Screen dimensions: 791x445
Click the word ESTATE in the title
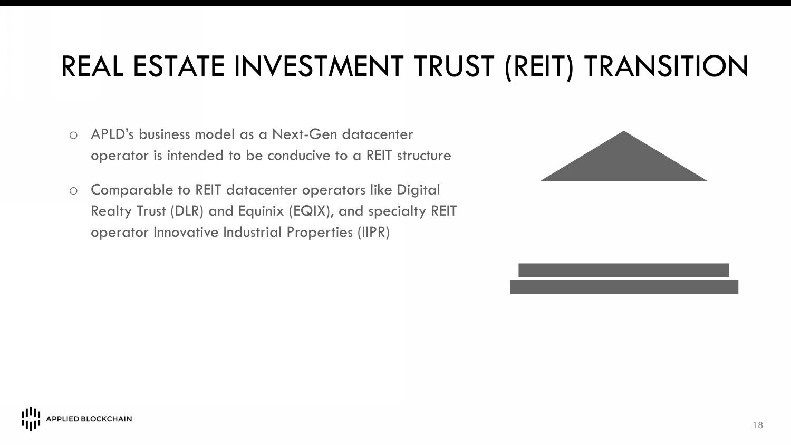[x=178, y=66]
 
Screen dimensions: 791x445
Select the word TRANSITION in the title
[x=666, y=66]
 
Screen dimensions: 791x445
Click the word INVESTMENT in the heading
[x=319, y=66]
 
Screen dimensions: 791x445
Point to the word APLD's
[x=112, y=134]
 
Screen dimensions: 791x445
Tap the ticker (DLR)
[x=187, y=211]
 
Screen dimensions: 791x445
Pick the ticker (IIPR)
[x=373, y=233]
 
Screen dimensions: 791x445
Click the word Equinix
[x=261, y=211]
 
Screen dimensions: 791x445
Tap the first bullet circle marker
[x=73, y=136]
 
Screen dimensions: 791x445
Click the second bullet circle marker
[x=73, y=191]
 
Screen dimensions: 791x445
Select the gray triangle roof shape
[x=624, y=162]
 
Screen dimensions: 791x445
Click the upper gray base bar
[x=624, y=270]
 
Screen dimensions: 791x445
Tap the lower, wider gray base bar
[x=624, y=287]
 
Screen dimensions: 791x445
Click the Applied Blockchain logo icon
[x=31, y=419]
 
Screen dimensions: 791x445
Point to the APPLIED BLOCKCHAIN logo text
[x=89, y=419]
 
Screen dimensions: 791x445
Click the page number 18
[x=758, y=425]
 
